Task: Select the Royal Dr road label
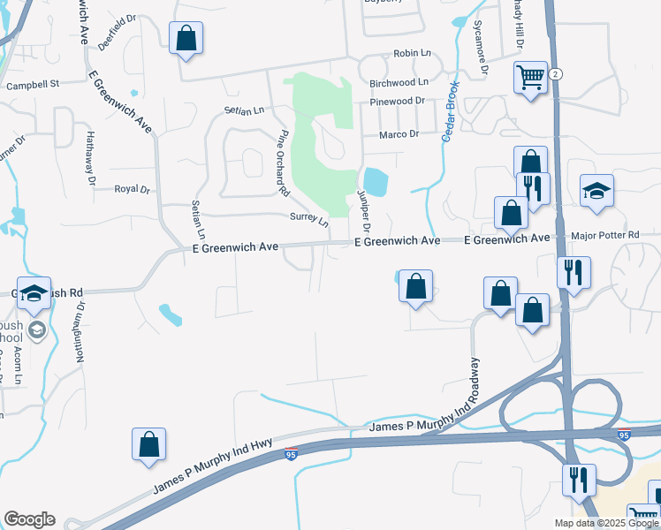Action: click(133, 189)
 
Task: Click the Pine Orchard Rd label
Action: click(283, 163)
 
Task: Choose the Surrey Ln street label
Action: click(308, 217)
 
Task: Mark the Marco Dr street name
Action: click(399, 134)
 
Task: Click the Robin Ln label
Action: click(411, 54)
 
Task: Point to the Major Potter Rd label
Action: click(605, 235)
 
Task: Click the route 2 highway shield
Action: click(555, 74)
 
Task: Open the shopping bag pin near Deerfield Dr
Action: click(186, 39)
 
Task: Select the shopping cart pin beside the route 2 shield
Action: click(530, 78)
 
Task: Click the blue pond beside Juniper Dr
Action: click(375, 182)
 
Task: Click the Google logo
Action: click(29, 519)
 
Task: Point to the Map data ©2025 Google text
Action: click(605, 523)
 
